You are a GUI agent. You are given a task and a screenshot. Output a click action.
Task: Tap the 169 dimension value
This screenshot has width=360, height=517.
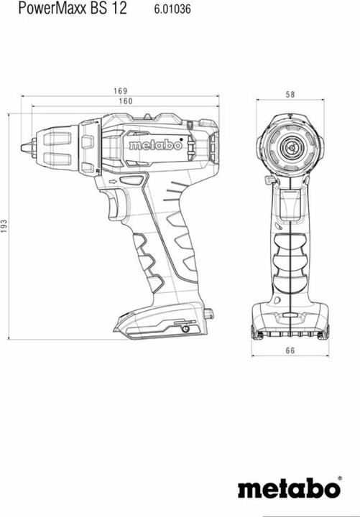[119, 91]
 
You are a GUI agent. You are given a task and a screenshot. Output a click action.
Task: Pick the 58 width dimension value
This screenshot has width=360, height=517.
[290, 94]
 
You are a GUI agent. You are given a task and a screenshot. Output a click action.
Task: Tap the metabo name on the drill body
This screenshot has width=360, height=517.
[154, 145]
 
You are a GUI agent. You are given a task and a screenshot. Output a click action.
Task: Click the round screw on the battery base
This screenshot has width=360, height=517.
[185, 328]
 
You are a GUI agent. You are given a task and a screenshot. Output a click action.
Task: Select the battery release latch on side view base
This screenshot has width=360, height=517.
[209, 314]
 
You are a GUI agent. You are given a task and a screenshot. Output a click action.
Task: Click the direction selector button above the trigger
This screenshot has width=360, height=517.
[130, 180]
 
